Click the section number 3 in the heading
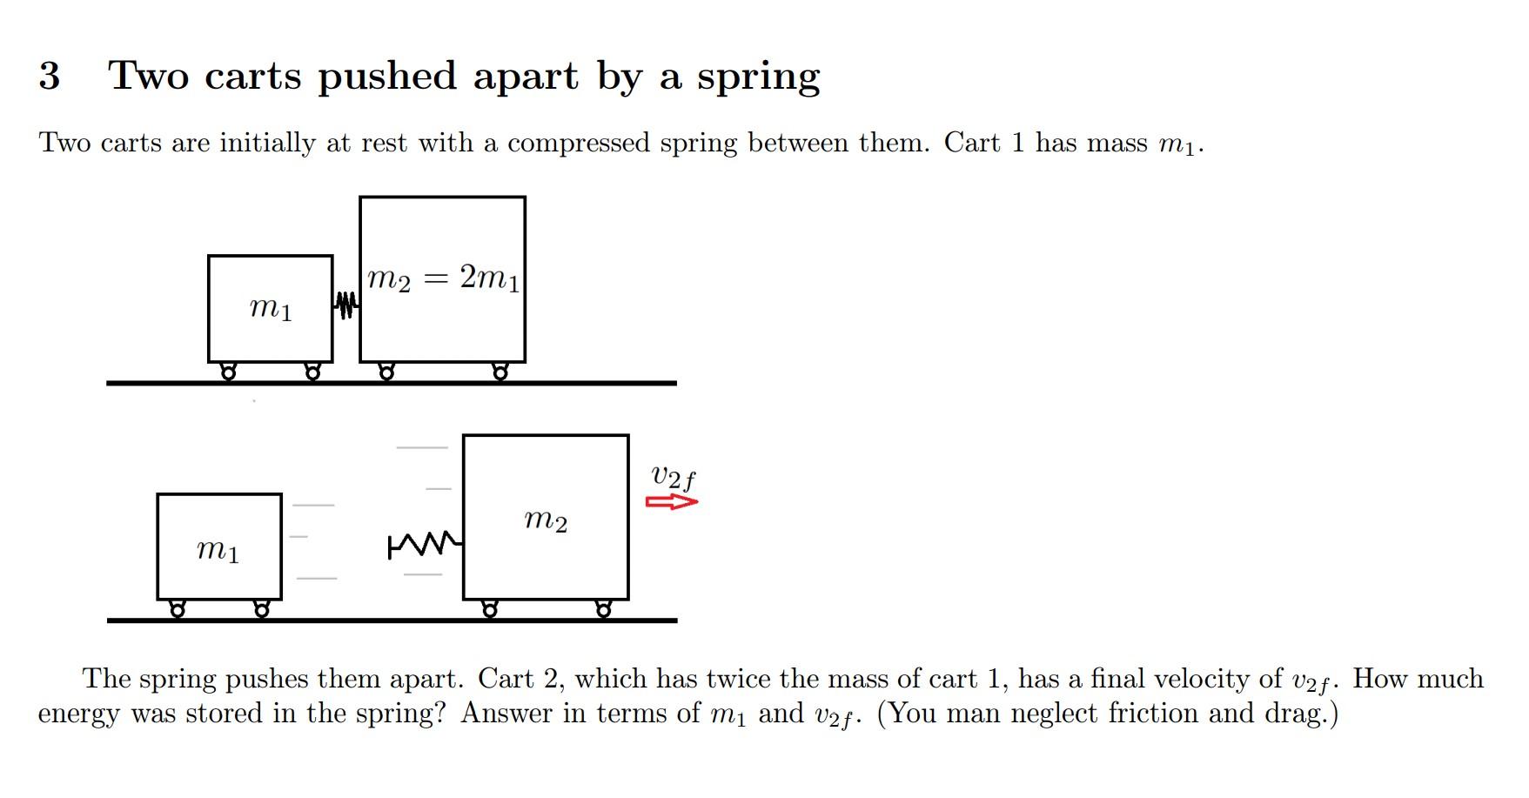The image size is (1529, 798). tap(50, 76)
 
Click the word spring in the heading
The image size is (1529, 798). tap(758, 77)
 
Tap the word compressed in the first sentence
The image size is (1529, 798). tap(578, 143)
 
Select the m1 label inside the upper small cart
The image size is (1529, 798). tap(271, 308)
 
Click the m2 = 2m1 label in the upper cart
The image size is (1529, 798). tap(443, 278)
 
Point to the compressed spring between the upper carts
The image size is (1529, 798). tap(346, 305)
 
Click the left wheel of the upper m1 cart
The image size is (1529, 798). tap(229, 372)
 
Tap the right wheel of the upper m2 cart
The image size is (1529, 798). tap(500, 372)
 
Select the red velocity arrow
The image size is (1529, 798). tap(672, 502)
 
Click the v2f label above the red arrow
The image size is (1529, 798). tap(673, 478)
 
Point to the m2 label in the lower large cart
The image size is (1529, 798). tap(546, 520)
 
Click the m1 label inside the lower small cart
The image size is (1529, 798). tap(218, 550)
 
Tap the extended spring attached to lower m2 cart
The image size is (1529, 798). tap(426, 546)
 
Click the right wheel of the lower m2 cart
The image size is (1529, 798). tap(603, 610)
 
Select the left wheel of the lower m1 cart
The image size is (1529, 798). tap(178, 610)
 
